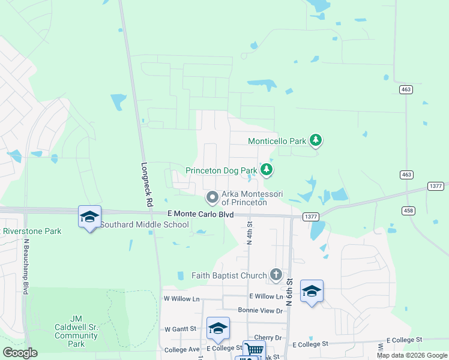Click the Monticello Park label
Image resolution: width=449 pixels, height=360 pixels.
click(x=277, y=142)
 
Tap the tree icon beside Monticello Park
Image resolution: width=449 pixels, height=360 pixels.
click(x=316, y=141)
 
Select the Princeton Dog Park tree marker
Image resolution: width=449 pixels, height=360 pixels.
click(x=267, y=170)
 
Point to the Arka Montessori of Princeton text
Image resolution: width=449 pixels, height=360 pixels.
click(x=252, y=198)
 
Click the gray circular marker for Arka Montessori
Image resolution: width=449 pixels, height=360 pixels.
click(x=212, y=197)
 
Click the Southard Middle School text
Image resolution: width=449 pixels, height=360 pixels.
click(x=144, y=225)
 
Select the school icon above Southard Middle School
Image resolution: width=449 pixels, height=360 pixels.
click(x=89, y=217)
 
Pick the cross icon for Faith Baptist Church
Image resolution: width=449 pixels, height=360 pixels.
click(x=276, y=275)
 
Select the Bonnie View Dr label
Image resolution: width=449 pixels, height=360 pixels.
click(x=260, y=310)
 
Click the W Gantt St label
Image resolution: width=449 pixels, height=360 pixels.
click(x=181, y=329)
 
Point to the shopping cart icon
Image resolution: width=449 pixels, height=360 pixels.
click(x=254, y=350)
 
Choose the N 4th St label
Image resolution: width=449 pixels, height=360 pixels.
click(x=250, y=232)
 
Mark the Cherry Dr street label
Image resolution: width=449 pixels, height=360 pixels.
click(x=268, y=338)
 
